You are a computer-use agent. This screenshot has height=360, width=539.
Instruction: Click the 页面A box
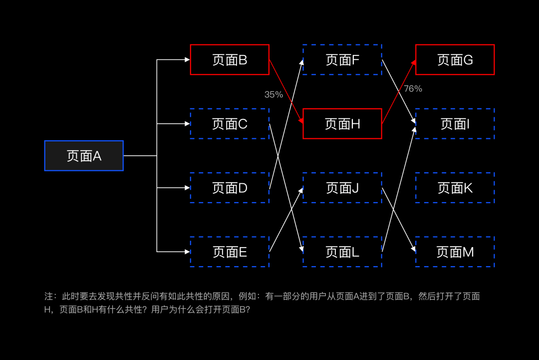[84, 156]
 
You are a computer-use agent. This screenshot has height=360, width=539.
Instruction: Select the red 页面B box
[230, 60]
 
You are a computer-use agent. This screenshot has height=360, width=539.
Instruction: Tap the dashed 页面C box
[230, 124]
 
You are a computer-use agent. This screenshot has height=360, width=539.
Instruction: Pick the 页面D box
[230, 188]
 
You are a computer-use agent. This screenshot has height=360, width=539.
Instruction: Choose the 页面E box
[230, 252]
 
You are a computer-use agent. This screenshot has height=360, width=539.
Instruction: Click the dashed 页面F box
[342, 60]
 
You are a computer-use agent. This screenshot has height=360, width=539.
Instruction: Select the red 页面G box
[455, 60]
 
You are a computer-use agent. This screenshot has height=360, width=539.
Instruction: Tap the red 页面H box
[342, 124]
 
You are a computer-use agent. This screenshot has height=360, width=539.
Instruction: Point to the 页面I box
[455, 124]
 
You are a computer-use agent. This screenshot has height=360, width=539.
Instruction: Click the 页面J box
[342, 188]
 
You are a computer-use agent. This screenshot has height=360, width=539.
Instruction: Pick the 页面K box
[455, 188]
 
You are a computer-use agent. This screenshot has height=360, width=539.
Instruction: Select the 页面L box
[342, 252]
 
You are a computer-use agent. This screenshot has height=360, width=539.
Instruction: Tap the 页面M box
[455, 252]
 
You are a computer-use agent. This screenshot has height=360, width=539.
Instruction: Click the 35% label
[273, 94]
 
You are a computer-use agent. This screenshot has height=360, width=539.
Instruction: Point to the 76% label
[413, 89]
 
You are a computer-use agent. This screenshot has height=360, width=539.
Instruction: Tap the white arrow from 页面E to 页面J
[286, 220]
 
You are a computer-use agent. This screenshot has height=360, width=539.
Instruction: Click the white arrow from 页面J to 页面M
[398, 220]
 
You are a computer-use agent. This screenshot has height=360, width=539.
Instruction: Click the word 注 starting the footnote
[48, 297]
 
